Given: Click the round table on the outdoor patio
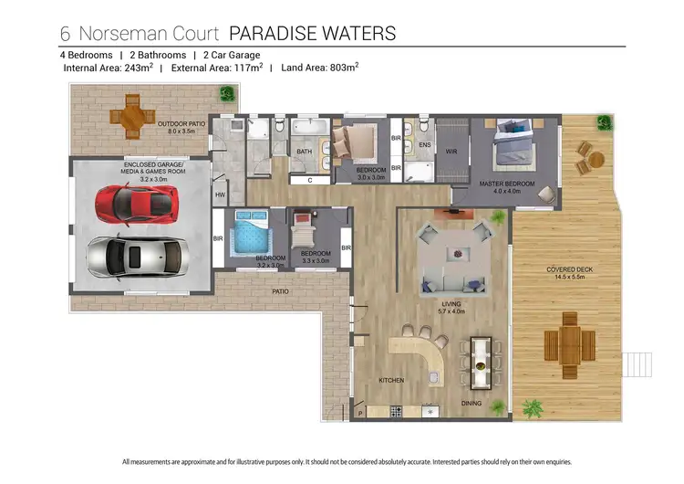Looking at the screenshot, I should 133,118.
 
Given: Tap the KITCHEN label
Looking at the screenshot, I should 393,380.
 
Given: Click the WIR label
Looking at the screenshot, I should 451,151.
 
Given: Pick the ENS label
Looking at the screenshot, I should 424,144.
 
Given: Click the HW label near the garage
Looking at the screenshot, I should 220,195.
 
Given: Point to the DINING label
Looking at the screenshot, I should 472,403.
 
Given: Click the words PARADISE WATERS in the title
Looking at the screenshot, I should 312,34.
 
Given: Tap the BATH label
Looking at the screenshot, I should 304,152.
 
